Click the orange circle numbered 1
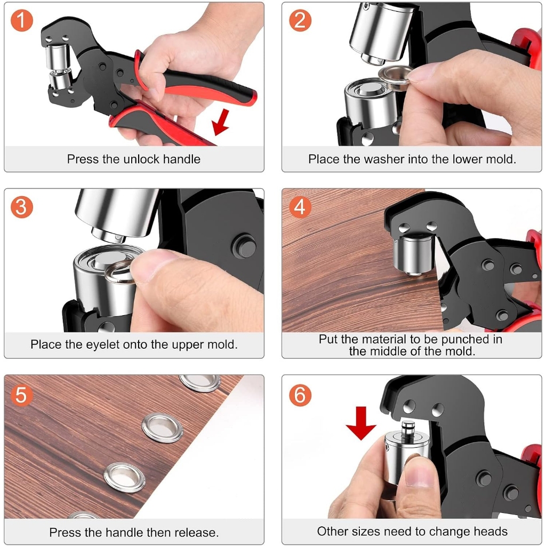(x=21, y=20)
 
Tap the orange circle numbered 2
(x=300, y=20)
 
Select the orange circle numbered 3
(x=21, y=207)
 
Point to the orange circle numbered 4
(x=300, y=207)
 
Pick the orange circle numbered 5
(x=21, y=395)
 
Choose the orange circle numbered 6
(x=300, y=395)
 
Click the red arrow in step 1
(x=221, y=122)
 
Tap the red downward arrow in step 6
(x=361, y=423)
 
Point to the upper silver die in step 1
(x=58, y=57)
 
